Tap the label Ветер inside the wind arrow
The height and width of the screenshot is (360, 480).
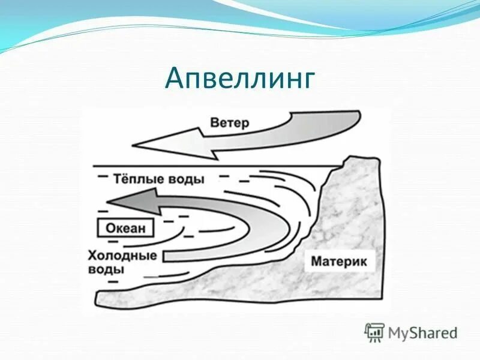(230, 123)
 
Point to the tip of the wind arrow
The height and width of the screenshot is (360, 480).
(133, 145)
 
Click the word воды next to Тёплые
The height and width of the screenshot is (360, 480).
(187, 179)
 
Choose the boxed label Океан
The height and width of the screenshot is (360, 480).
(126, 228)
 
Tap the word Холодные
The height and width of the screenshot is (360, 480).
(122, 256)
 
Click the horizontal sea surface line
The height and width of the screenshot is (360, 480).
(210, 166)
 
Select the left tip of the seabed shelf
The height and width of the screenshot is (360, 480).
(99, 298)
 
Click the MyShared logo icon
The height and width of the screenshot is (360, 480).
(374, 332)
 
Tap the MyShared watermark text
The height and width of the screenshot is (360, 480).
(423, 332)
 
